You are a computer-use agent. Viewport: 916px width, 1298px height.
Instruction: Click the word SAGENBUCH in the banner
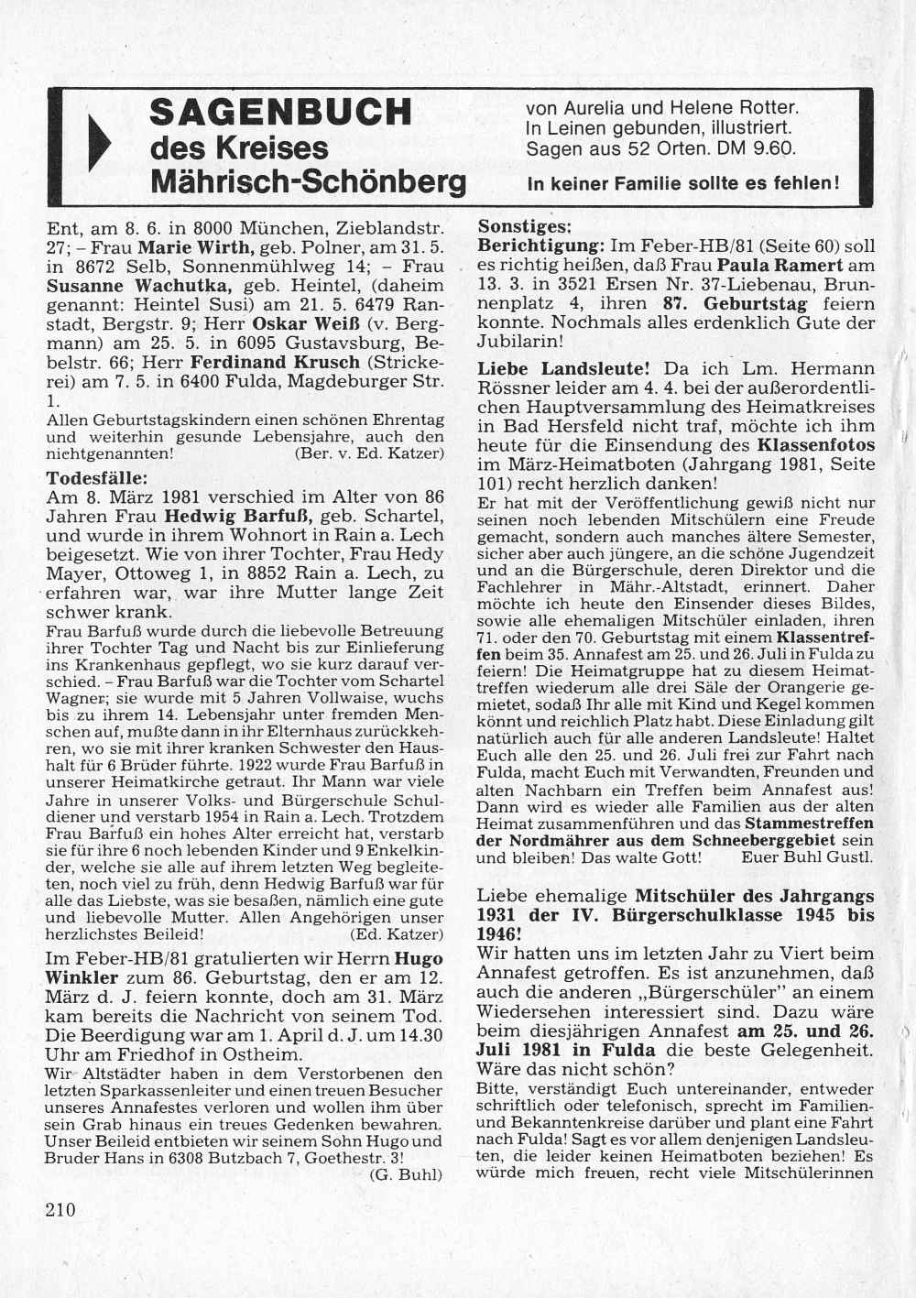tap(280, 112)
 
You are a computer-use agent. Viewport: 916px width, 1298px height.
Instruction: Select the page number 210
tap(60, 1209)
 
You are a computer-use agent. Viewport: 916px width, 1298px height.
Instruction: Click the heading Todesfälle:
tap(97, 477)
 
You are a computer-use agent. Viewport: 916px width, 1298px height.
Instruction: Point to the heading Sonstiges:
tap(525, 225)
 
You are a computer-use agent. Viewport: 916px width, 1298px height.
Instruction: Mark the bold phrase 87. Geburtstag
tap(740, 303)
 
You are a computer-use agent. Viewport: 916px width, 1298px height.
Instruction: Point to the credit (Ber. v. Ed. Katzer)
tap(369, 453)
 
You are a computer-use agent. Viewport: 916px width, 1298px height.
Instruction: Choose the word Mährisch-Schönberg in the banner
tap(308, 182)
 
